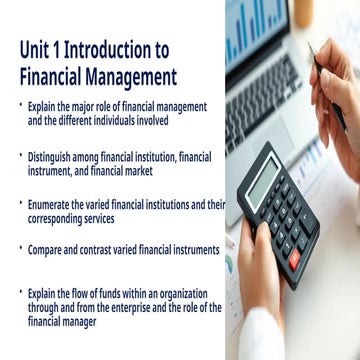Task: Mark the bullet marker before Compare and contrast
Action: point(20,248)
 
